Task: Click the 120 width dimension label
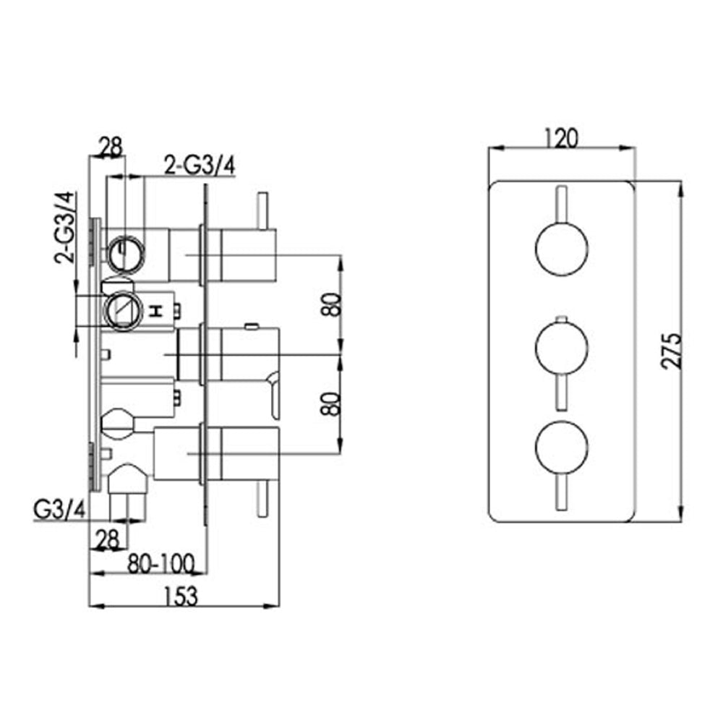[x=562, y=137]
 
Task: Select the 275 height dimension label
[x=672, y=351]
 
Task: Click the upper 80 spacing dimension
[x=332, y=304]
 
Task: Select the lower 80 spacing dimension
[x=332, y=403]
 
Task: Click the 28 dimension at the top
[x=111, y=147]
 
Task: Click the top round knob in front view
[x=561, y=249]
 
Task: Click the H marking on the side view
[x=155, y=311]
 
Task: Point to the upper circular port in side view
[x=126, y=252]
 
